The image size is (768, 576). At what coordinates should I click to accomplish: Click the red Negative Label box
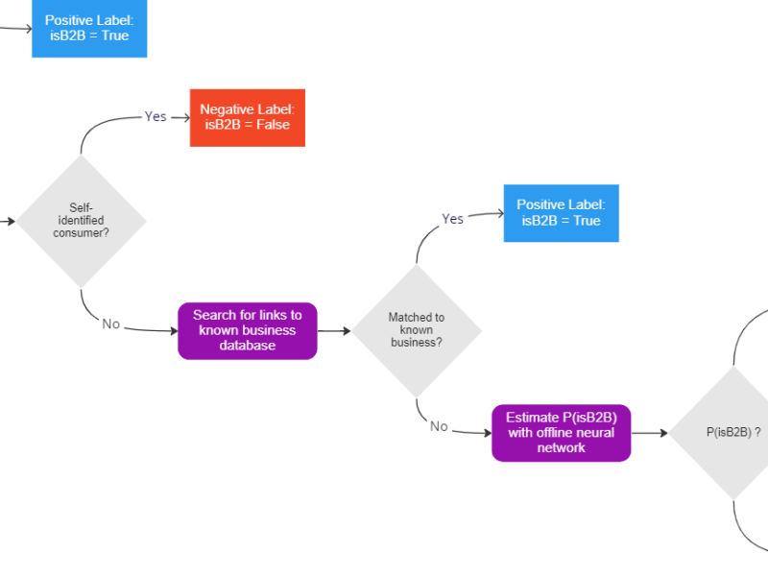(x=247, y=117)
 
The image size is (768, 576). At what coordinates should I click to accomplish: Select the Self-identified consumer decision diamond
(x=81, y=221)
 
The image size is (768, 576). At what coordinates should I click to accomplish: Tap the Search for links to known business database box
(x=247, y=330)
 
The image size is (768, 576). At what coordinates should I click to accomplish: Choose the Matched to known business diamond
(x=416, y=330)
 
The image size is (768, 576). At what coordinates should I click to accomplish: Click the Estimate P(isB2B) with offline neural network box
(x=562, y=433)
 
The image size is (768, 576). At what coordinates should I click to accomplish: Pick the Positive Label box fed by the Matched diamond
(x=562, y=213)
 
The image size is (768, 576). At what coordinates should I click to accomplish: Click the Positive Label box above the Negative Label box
(x=89, y=29)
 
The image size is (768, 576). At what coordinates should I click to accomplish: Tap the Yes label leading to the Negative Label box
(x=156, y=116)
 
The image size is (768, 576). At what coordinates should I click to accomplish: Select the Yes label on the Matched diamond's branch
(x=452, y=219)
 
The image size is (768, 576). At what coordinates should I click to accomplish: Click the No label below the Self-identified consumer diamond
(x=111, y=324)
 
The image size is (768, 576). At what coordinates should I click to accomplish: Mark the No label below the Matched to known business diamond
(x=439, y=426)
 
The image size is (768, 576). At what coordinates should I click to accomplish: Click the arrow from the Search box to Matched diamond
(x=334, y=331)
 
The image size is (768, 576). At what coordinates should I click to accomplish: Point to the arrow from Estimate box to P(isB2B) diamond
(x=650, y=433)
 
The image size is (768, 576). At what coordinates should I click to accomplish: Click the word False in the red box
(x=273, y=125)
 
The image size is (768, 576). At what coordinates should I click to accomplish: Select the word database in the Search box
(x=247, y=345)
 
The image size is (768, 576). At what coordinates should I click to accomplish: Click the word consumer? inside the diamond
(x=81, y=233)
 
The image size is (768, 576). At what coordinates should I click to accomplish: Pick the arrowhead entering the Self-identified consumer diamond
(x=11, y=221)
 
